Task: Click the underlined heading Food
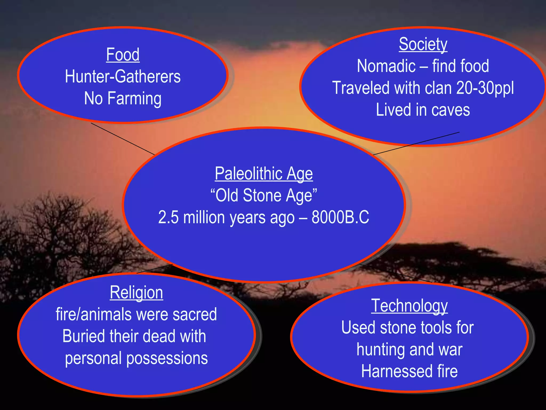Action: coord(123,55)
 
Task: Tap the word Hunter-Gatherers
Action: coord(123,77)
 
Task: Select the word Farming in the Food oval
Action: coord(134,98)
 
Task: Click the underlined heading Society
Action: coord(423,44)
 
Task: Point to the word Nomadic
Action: coord(386,66)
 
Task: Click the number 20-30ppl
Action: coord(485,88)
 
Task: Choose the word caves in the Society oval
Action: coord(451,110)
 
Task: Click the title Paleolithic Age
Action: coord(264,174)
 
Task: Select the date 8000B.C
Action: coord(340,217)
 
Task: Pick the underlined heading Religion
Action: coord(136,293)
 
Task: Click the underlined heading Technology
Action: coord(409,306)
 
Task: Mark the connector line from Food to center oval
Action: coord(123,139)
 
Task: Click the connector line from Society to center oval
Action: coord(416,144)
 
